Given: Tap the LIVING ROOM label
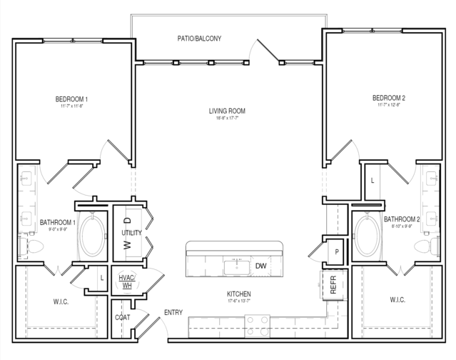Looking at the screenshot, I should tap(227, 111).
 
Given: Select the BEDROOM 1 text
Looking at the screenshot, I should tap(71, 99).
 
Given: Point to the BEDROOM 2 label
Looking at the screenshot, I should tap(388, 98).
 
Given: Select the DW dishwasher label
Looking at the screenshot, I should tap(260, 266).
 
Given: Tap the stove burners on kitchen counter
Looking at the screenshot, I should tap(260, 326).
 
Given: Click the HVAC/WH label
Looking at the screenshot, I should tap(126, 281).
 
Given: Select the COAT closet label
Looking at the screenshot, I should tap(123, 317).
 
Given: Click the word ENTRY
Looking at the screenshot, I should tap(174, 313).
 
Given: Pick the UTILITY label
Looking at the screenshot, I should tap(131, 233).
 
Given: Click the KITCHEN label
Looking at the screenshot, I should tap(238, 294).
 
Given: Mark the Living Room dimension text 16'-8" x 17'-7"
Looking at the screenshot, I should tap(227, 119).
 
